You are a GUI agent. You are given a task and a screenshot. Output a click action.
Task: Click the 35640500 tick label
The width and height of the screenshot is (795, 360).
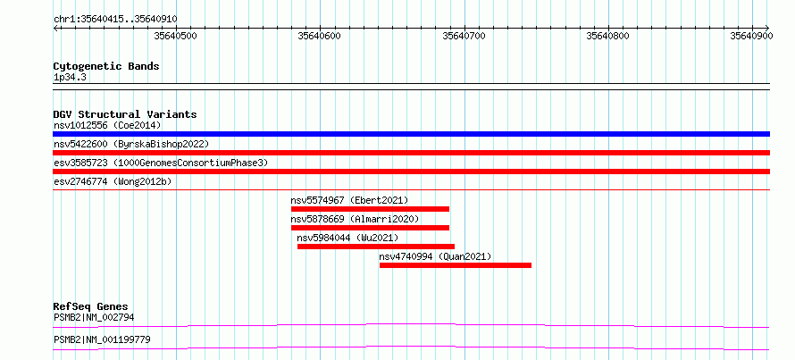175,36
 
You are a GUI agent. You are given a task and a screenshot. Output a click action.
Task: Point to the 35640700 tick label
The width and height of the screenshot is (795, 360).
464,36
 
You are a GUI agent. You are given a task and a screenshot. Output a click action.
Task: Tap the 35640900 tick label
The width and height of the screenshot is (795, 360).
751,36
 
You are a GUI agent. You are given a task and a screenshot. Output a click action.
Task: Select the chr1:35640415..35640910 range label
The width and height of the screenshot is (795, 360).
115,20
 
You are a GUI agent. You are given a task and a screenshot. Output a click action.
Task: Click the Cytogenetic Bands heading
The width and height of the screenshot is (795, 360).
106,66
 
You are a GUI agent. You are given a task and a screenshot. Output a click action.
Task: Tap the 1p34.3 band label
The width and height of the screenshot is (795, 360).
70,78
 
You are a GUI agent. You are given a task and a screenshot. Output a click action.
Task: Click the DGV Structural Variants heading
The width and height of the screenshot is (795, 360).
125,114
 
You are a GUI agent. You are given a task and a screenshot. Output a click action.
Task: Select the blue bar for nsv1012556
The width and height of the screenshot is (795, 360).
411,134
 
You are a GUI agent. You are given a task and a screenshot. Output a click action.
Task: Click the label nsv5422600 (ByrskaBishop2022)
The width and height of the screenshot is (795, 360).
131,144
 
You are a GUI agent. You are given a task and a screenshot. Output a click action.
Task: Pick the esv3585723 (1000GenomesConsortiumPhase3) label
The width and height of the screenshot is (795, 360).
161,163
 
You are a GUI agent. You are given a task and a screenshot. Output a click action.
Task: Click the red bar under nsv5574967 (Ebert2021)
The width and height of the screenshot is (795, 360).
370,209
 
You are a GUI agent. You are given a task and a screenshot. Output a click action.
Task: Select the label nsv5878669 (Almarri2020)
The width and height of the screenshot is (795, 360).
355,219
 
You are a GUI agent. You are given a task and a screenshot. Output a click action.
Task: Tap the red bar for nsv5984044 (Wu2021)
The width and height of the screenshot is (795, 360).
376,247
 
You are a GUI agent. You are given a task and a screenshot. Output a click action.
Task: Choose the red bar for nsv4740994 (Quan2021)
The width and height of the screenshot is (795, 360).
456,265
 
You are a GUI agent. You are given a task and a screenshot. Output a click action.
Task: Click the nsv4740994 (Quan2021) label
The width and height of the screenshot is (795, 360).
436,256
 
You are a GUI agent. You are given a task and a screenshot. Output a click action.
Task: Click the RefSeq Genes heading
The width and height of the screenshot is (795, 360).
91,306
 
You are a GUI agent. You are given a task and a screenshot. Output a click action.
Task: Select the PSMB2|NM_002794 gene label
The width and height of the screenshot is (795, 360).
94,318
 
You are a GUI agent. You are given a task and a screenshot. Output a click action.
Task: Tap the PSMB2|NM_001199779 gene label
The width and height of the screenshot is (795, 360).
102,339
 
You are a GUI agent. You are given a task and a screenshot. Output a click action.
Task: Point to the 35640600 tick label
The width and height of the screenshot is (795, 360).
320,36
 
